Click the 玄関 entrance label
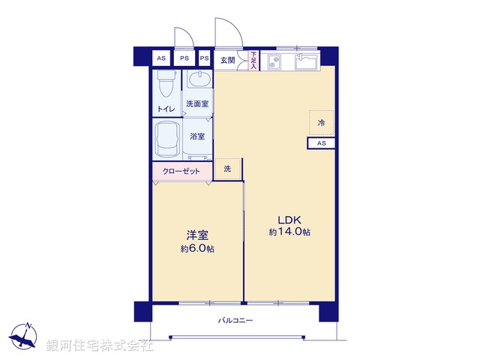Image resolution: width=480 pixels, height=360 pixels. tap(227, 59)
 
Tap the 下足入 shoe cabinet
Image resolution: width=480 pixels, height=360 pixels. tap(253, 60)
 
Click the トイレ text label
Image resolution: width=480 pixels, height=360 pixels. tap(166, 109)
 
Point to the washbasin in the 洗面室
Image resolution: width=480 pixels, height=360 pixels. tap(198, 82)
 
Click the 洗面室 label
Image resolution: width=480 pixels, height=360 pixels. tap(197, 104)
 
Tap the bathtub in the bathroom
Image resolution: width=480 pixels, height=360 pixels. tap(166, 138)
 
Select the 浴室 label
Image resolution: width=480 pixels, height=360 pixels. tap(197, 136)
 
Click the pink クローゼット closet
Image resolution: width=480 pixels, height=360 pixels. tap(182, 171)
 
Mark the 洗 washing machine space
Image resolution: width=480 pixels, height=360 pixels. tap(228, 169)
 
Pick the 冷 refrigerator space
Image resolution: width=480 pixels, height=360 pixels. tap(322, 121)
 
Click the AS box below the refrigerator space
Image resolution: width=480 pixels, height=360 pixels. tap(321, 143)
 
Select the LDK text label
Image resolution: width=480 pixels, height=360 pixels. tap(289, 220)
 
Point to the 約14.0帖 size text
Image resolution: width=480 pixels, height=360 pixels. tap(289, 232)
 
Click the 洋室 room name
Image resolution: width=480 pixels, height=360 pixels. tap(197, 235)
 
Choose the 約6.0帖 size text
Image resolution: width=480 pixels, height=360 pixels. tap(197, 248)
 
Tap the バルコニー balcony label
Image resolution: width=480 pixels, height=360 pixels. tap(235, 321)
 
